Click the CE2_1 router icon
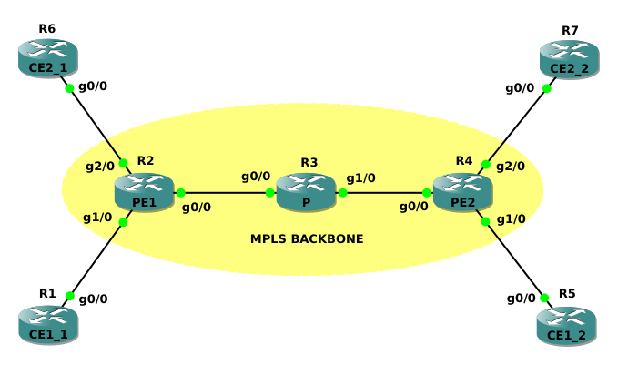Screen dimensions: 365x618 pyautogui.click(x=48, y=57)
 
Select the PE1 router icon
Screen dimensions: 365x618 pyautogui.click(x=145, y=192)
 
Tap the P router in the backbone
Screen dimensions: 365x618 pyautogui.click(x=306, y=192)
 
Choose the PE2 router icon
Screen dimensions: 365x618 pyautogui.click(x=462, y=192)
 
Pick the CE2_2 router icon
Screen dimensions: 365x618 pyautogui.click(x=569, y=59)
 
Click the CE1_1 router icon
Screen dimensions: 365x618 pyautogui.click(x=48, y=325)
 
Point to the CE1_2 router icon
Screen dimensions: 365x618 pyautogui.click(x=566, y=326)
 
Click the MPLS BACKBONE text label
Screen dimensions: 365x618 pyautogui.click(x=307, y=239)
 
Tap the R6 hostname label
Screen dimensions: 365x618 pyautogui.click(x=47, y=29)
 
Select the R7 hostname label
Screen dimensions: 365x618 pyautogui.click(x=570, y=31)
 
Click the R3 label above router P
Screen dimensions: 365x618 pyautogui.click(x=309, y=163)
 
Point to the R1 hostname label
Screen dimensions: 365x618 pyautogui.click(x=47, y=294)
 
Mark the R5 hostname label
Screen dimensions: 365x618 pyautogui.click(x=567, y=294)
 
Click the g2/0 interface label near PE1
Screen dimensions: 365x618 pyautogui.click(x=99, y=167)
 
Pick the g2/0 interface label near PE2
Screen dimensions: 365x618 pyautogui.click(x=510, y=167)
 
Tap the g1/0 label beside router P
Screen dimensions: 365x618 pyautogui.click(x=361, y=177)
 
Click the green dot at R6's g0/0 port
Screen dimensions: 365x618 pyautogui.click(x=68, y=88)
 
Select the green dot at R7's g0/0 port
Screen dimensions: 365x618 pyautogui.click(x=547, y=88)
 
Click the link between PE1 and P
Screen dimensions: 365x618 pyautogui.click(x=226, y=193)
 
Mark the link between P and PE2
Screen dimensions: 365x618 pyautogui.click(x=384, y=193)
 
